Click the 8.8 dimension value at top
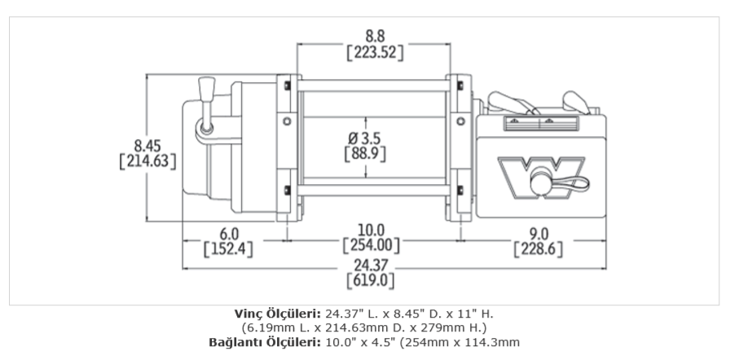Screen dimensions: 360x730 (374, 36)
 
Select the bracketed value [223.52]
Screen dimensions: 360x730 (374, 53)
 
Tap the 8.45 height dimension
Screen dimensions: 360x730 (147, 145)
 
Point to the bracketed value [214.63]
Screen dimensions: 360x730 (147, 161)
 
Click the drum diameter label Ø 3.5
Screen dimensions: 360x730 (364, 138)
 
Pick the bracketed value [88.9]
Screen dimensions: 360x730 (364, 154)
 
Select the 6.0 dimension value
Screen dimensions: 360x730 (227, 232)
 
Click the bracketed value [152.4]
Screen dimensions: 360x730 (227, 248)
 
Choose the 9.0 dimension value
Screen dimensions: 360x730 (538, 232)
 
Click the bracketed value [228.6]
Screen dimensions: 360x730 (538, 248)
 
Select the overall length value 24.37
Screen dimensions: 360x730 (370, 265)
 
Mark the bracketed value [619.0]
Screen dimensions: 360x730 (370, 281)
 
